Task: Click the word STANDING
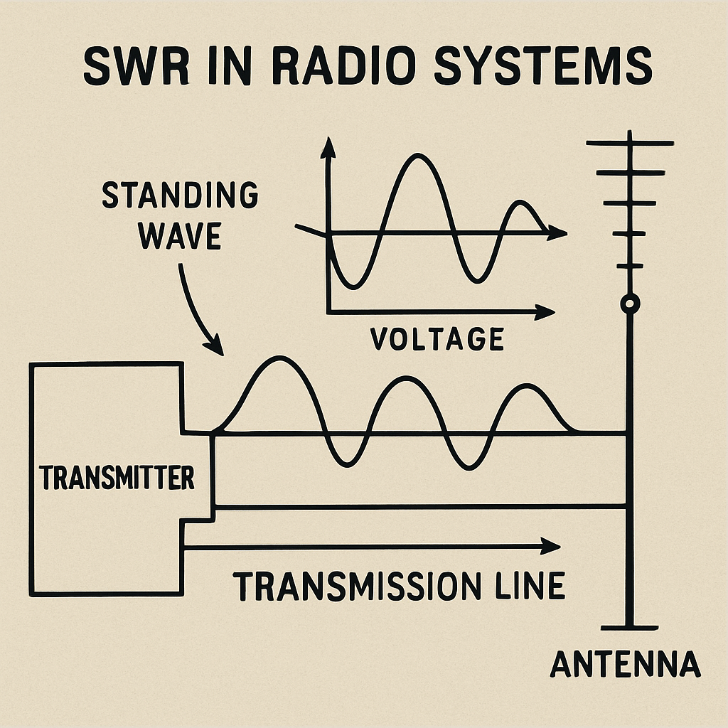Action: point(180,196)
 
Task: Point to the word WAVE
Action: point(180,236)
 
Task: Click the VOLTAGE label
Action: point(437,338)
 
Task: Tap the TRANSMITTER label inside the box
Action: point(117,478)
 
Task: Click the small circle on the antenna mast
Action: point(630,304)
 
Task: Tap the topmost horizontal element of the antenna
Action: point(630,144)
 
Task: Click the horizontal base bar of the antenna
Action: point(630,627)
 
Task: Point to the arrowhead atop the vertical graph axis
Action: point(328,146)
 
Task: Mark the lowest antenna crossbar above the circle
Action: point(630,266)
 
